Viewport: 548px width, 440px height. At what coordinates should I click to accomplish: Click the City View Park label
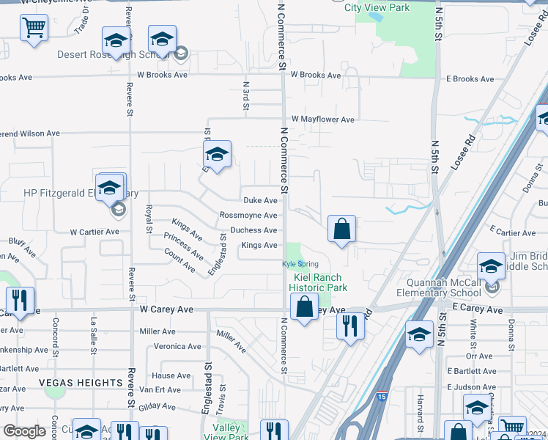(x=377, y=7)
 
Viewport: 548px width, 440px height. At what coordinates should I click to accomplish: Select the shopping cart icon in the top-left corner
(x=34, y=29)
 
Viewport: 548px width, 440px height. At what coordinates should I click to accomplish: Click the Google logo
(x=24, y=430)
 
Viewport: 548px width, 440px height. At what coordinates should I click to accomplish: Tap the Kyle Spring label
(x=300, y=263)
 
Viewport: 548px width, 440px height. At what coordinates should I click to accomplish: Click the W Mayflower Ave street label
(x=322, y=119)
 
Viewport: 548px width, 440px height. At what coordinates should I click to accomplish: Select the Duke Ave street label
(x=260, y=200)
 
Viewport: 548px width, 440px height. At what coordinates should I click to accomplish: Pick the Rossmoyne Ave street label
(x=248, y=215)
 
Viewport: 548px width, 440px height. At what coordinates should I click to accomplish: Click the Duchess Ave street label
(x=253, y=230)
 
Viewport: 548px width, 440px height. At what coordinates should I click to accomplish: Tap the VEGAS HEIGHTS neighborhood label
(x=81, y=383)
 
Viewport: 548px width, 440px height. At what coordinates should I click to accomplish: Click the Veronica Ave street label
(x=177, y=346)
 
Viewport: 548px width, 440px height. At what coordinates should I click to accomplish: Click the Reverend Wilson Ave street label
(x=29, y=133)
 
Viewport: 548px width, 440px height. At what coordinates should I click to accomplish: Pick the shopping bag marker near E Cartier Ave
(x=341, y=229)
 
